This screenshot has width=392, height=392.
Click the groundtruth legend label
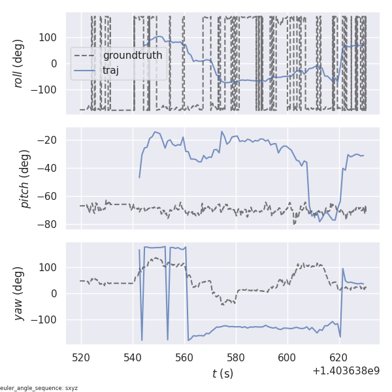pos(133,55)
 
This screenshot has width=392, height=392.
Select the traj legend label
pos(110,70)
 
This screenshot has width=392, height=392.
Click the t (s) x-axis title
pos(222,374)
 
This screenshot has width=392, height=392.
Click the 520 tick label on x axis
pos(81,357)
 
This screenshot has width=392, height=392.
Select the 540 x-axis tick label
pos(133,357)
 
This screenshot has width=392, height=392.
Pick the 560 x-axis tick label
pos(184,357)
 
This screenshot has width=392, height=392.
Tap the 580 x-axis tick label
pos(236,357)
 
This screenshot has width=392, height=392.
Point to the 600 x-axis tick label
pos(287,357)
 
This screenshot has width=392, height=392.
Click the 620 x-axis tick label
pos(339,357)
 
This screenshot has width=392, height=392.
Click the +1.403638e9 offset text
pos(346,371)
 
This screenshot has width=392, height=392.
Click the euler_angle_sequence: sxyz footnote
pos(39,388)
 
